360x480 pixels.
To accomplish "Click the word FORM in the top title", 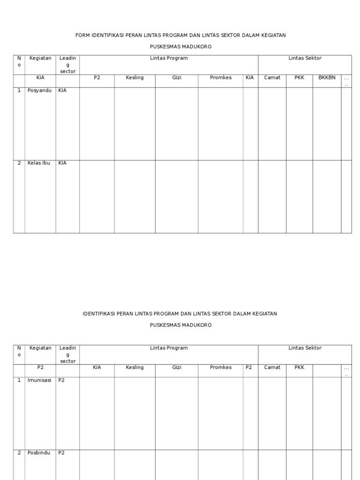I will (82, 35).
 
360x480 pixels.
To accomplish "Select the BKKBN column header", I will (327, 78).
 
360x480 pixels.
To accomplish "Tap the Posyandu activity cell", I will (39, 90).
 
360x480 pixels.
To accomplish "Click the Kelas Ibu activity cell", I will (39, 163).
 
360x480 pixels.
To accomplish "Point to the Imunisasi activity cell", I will (39, 380).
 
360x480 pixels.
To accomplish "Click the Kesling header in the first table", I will (135, 78).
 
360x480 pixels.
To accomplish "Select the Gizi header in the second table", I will (176, 367).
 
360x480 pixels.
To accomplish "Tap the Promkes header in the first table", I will (221, 78).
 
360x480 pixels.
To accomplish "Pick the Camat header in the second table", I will (272, 367).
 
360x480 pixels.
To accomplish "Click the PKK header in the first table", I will (300, 78).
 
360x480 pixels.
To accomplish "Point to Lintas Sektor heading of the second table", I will (305, 348).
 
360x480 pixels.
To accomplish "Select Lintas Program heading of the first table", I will (169, 58).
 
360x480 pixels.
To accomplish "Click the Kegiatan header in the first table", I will (40, 58).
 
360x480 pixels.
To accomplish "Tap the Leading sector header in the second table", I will (68, 354).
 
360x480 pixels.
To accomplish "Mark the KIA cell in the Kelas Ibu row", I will (62, 163).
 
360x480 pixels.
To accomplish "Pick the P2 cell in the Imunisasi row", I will (61, 380).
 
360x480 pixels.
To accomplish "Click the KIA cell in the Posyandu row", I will (62, 90).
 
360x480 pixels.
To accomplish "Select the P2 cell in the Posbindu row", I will (61, 453).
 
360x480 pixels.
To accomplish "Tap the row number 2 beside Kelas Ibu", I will (19, 163).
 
